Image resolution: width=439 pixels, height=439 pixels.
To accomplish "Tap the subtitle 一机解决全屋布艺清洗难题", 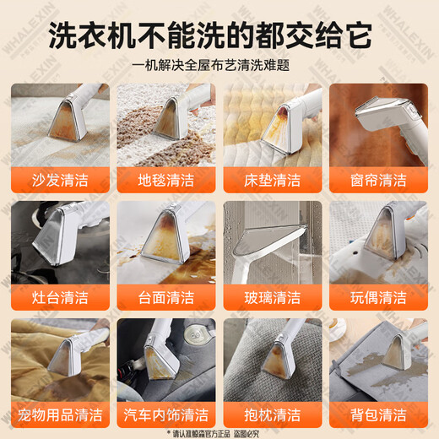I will [x=219, y=65].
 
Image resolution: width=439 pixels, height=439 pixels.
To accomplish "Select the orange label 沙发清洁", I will [x=60, y=180].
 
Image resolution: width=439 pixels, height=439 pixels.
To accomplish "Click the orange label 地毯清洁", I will [x=166, y=180].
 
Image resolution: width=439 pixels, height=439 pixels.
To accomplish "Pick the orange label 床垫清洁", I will [x=273, y=180].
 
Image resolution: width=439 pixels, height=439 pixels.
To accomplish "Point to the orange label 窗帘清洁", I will [x=378, y=180].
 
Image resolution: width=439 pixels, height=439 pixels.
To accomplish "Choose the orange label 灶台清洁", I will [x=60, y=297].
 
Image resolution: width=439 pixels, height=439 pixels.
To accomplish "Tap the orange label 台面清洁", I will [x=166, y=297].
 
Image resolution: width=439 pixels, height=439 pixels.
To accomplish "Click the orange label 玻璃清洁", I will [x=273, y=297].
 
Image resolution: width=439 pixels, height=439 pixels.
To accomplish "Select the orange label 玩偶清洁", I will [x=378, y=297].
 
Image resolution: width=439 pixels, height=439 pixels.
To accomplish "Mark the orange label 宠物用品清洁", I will [x=60, y=415].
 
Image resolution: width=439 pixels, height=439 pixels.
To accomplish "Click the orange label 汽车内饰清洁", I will [x=166, y=415].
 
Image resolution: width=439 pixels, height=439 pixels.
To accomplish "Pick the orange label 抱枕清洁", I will [x=273, y=415].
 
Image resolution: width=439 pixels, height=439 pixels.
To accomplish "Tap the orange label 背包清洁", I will [x=378, y=415].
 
